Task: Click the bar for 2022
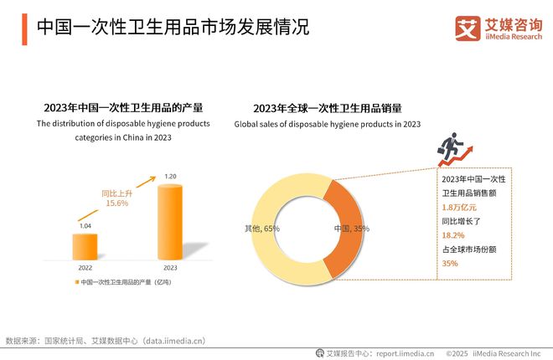[x=85, y=248]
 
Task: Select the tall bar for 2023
[x=170, y=223]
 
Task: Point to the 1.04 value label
[x=85, y=227]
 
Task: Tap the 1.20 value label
[x=170, y=177]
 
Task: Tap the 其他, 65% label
[x=262, y=228]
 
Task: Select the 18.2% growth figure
[x=452, y=236]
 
